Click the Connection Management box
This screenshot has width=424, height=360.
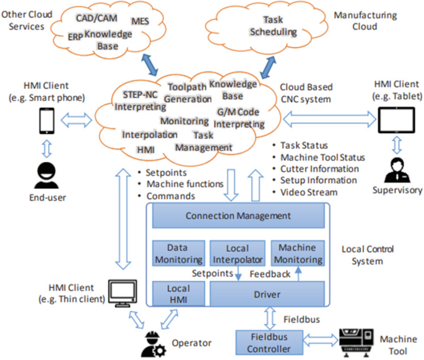(x=238, y=216)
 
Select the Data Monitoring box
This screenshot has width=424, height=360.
(x=178, y=253)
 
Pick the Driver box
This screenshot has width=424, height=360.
(x=267, y=294)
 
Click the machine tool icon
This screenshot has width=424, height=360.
(x=358, y=340)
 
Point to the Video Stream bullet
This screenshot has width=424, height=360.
(x=309, y=192)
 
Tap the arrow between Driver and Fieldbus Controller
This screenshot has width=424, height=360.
(x=270, y=318)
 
